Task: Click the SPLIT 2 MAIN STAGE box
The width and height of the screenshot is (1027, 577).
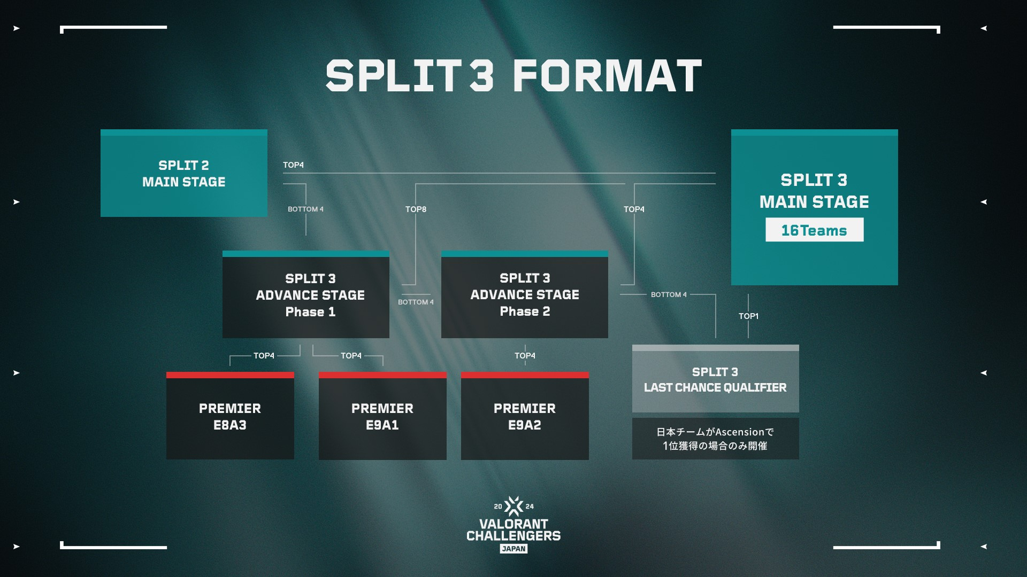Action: point(183,174)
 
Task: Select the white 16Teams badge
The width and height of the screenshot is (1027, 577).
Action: point(814,230)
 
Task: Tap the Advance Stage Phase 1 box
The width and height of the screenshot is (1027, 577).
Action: point(305,295)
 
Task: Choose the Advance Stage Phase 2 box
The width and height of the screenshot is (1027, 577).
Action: point(524,295)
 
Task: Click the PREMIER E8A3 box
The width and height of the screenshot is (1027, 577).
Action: point(230,416)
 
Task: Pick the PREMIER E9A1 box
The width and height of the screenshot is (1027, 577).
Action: point(382,416)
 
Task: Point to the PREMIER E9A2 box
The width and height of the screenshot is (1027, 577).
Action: point(525,416)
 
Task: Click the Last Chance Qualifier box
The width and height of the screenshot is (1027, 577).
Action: point(715,379)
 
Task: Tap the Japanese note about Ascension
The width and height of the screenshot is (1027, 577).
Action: point(715,439)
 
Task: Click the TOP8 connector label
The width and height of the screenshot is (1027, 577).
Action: point(416,209)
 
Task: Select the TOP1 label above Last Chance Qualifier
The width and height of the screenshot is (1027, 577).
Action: point(748,316)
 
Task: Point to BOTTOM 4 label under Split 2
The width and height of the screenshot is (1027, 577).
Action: point(305,209)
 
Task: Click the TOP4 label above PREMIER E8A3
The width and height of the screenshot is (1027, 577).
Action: point(264,356)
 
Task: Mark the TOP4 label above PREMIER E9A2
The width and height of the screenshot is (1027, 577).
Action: point(525,356)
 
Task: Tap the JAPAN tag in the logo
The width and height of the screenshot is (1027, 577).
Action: point(513,549)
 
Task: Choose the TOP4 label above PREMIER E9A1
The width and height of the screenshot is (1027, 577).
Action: point(351,356)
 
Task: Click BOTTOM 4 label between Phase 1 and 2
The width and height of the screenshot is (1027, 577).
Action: point(416,302)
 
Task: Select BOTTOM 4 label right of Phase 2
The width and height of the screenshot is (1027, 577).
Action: point(669,295)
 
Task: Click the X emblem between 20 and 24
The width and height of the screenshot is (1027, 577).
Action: point(513,506)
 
